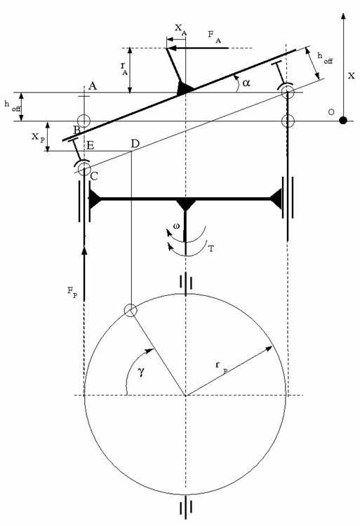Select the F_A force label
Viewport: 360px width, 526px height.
pos(215,38)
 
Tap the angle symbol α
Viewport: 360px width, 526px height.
pos(246,82)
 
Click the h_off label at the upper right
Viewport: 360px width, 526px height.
pos(326,58)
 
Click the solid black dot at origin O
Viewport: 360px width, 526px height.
pos(342,121)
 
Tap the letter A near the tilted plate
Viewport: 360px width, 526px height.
pos(93,83)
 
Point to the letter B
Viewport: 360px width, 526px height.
pos(76,130)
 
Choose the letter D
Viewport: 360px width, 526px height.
pos(135,143)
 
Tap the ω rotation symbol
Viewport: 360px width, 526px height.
pos(176,226)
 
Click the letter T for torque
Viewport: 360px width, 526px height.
pos(211,248)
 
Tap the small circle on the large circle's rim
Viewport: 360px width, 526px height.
pos(130,311)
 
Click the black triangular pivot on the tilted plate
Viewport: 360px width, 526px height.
pos(185,88)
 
